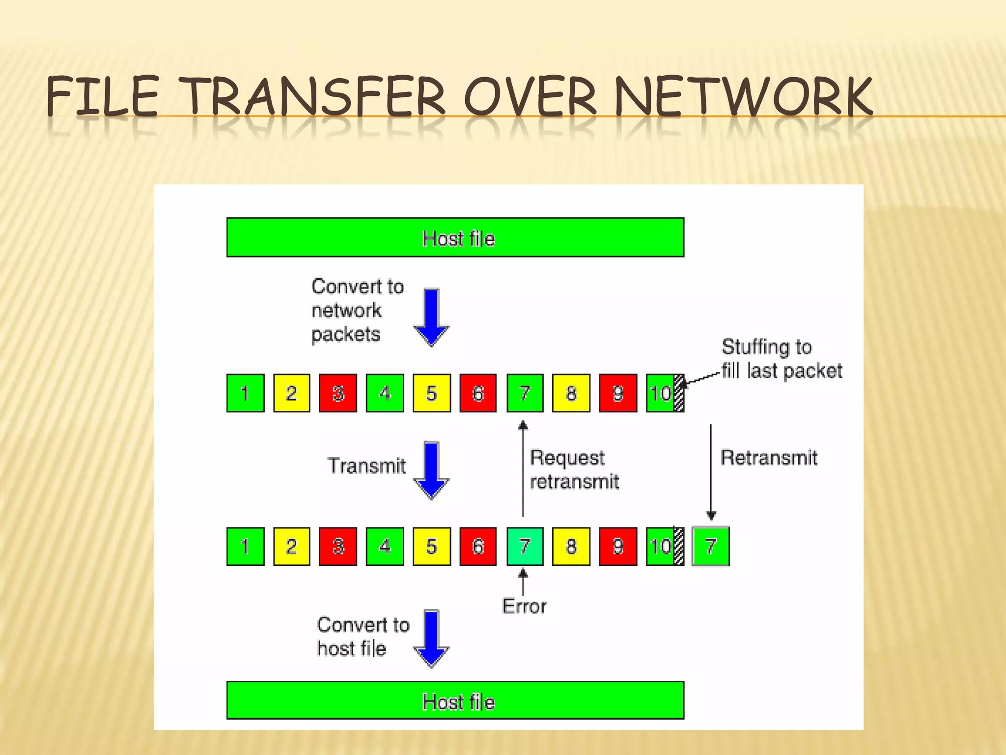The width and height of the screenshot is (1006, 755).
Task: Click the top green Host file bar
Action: tap(455, 237)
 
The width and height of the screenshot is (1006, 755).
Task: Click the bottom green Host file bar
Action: tap(455, 700)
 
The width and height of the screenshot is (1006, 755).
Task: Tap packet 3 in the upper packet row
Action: tap(338, 393)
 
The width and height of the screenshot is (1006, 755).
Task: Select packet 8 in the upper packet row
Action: tap(571, 393)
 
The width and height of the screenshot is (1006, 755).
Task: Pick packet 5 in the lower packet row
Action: tap(431, 547)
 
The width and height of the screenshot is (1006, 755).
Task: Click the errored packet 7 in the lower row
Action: tap(525, 547)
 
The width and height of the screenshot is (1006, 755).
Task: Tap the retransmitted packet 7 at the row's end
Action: tap(710, 547)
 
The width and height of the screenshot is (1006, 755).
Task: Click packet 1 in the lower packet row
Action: tap(245, 547)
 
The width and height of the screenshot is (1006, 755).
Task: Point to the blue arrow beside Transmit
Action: tap(431, 470)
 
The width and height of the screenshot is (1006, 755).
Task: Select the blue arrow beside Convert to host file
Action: tap(431, 638)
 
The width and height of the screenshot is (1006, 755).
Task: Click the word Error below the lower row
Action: tap(524, 607)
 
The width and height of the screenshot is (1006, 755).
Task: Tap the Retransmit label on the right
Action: tap(769, 458)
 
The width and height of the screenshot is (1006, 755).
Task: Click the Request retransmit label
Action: tap(574, 469)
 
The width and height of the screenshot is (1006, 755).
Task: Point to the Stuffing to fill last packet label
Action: tap(781, 359)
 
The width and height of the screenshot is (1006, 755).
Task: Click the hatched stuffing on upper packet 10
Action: tap(679, 393)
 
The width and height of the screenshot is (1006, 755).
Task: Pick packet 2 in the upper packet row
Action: tap(291, 393)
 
